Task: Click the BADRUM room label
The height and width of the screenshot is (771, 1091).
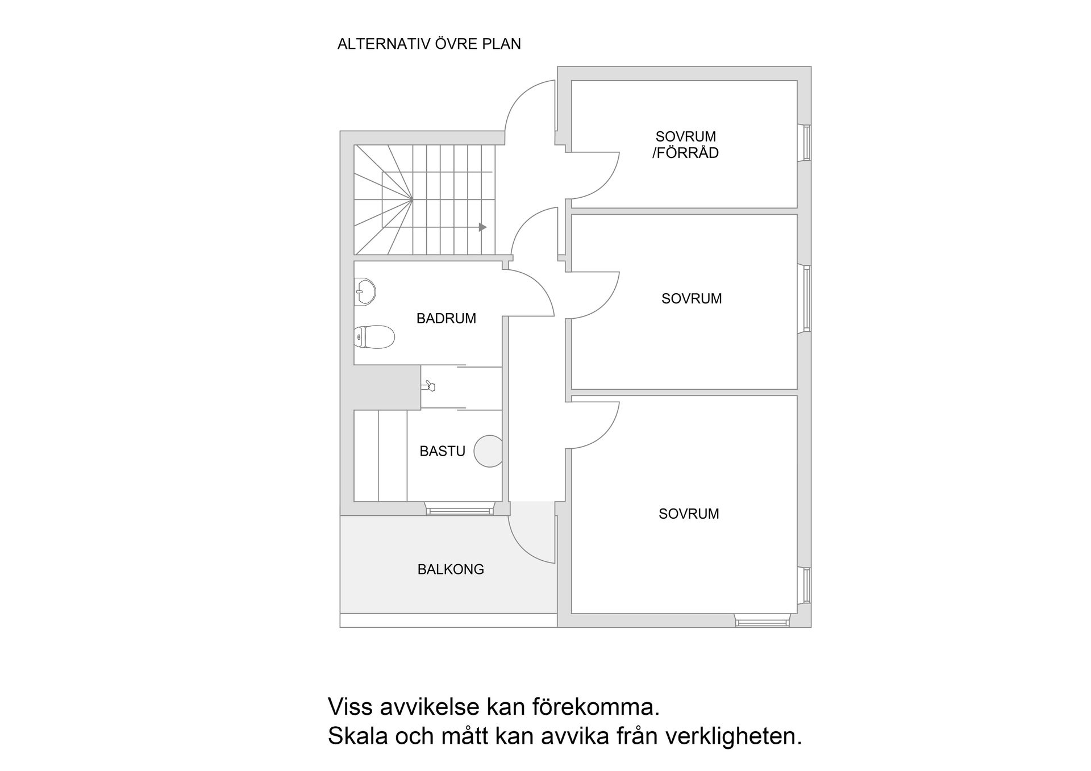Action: pyautogui.click(x=446, y=319)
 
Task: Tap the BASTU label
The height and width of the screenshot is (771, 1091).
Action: pyautogui.click(x=442, y=451)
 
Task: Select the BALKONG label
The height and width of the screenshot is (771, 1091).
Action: pyautogui.click(x=451, y=569)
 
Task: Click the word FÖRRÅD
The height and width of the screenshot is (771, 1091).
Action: pyautogui.click(x=689, y=153)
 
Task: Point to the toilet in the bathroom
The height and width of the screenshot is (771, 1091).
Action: pyautogui.click(x=374, y=337)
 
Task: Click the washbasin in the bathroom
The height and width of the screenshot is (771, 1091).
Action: pyautogui.click(x=365, y=291)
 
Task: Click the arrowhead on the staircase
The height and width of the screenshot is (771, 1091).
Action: pyautogui.click(x=482, y=227)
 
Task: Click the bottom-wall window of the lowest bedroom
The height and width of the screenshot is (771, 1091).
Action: pyautogui.click(x=763, y=622)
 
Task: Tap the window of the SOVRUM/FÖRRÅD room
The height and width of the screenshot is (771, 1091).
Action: pyautogui.click(x=806, y=142)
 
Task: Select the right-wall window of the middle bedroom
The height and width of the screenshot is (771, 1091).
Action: pyautogui.click(x=806, y=298)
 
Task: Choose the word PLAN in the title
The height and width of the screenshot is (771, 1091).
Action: pyautogui.click(x=501, y=44)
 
